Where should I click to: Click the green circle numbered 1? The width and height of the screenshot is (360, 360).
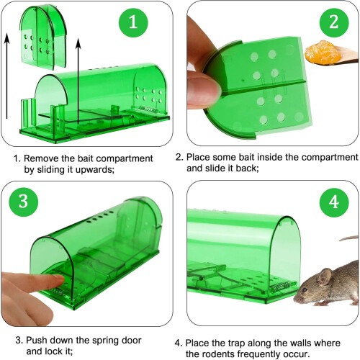(133, 22)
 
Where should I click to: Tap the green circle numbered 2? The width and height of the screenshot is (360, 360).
(334, 22)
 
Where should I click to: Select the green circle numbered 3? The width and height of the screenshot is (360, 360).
(24, 202)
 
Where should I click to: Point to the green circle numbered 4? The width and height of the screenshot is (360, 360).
(334, 202)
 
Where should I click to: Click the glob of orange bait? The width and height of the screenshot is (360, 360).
(323, 53)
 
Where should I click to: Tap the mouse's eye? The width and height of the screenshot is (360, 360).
(305, 289)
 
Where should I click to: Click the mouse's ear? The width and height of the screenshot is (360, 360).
(325, 276)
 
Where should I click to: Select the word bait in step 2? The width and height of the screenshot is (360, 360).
(245, 158)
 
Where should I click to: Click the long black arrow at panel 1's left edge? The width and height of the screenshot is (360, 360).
(7, 76)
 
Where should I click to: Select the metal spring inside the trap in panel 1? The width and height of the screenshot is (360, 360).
(147, 109)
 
